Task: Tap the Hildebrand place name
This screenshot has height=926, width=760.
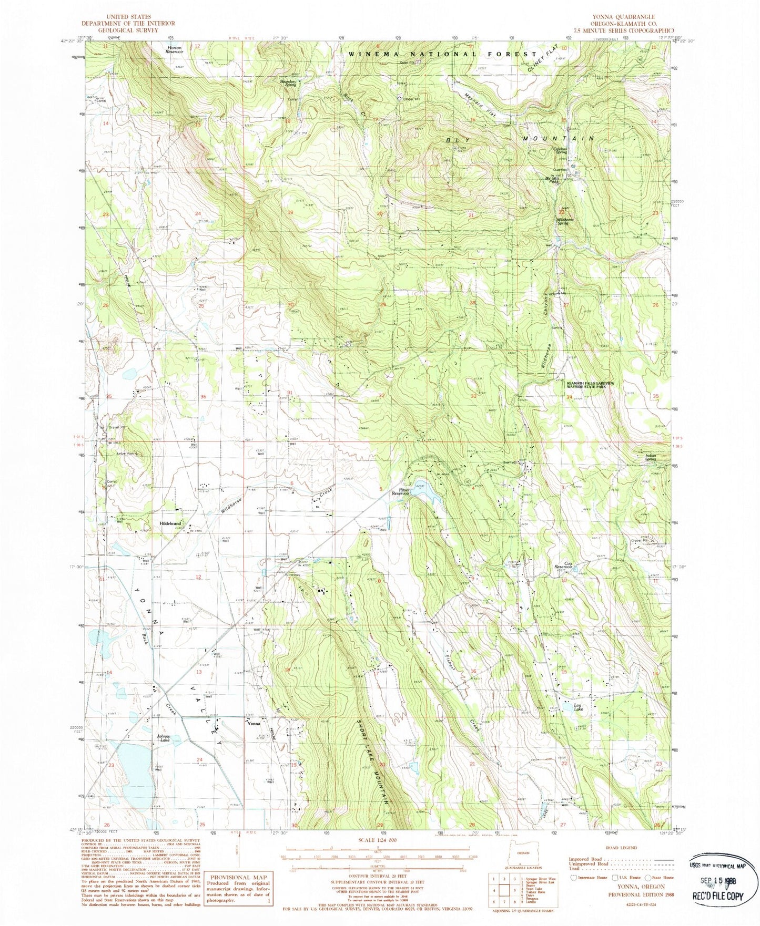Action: click(x=170, y=524)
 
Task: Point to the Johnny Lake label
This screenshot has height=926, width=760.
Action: click(x=164, y=738)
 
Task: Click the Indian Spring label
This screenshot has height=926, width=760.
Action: click(x=651, y=457)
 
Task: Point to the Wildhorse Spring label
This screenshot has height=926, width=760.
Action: click(x=565, y=221)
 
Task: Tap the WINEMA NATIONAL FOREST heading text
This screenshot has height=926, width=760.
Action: click(x=442, y=54)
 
